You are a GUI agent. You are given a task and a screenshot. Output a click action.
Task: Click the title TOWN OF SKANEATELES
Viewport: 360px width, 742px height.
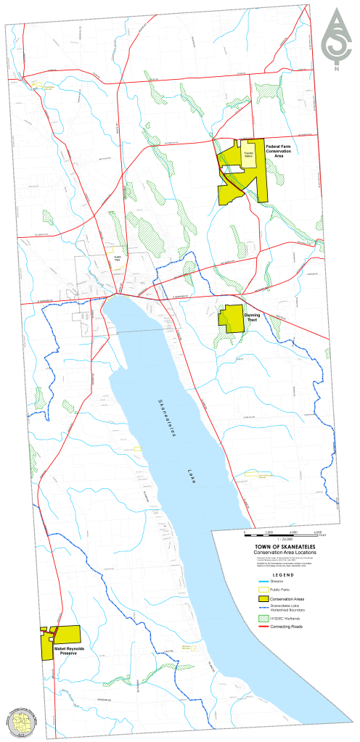point(283,545)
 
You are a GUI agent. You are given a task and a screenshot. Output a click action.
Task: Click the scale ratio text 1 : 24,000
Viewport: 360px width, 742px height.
point(283,537)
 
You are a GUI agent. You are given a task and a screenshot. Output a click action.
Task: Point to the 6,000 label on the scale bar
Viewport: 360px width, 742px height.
point(317,532)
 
